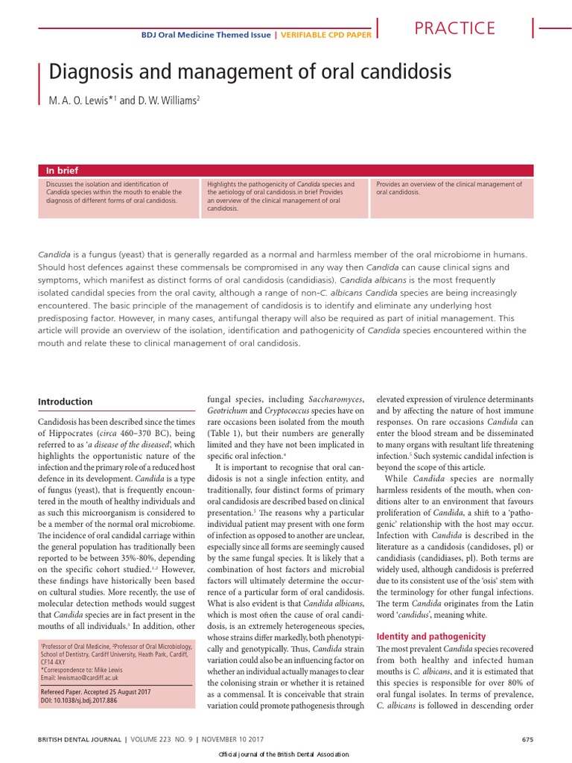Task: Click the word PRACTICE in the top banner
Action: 454,28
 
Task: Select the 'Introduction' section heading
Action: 65,402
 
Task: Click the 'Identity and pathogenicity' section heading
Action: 430,637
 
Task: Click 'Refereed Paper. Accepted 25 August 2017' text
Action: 95,691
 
